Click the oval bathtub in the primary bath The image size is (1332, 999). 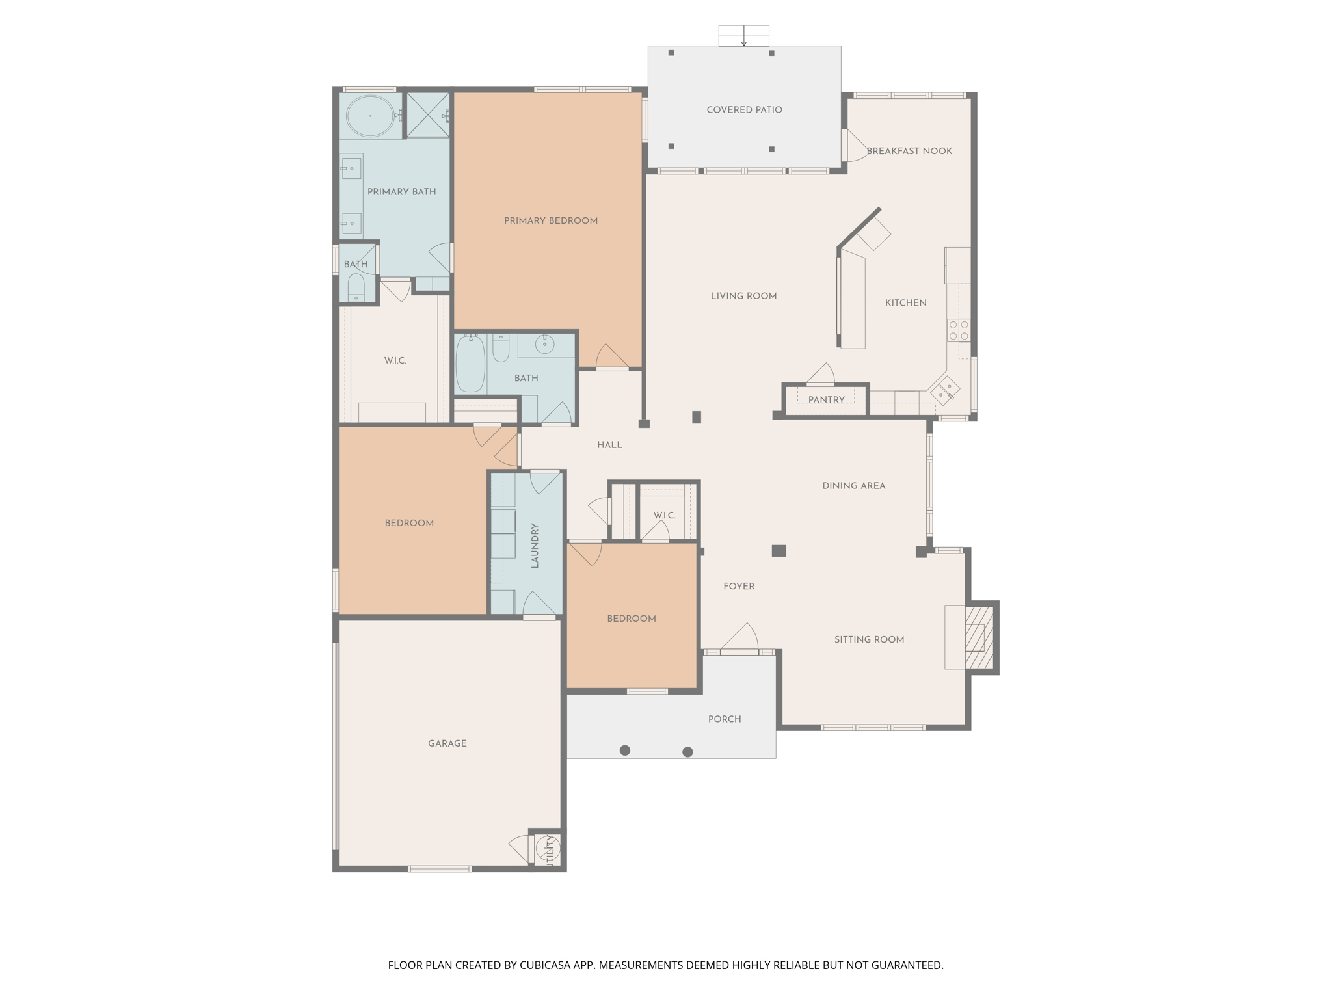[370, 116]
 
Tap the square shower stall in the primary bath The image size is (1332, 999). [428, 115]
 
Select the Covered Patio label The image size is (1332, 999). [744, 110]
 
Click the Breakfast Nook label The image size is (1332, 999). [909, 151]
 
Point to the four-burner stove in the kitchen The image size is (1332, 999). [959, 330]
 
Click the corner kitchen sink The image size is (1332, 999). [944, 392]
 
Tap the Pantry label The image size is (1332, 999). [826, 400]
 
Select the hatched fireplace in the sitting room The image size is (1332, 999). [979, 638]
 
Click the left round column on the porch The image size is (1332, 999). [625, 751]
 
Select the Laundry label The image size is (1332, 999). [535, 545]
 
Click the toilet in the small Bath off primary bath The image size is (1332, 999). [356, 286]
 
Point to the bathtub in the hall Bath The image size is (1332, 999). [470, 364]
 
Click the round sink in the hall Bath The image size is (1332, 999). [545, 344]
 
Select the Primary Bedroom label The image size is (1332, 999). [550, 220]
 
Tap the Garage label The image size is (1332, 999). [447, 743]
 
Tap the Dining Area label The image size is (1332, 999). [853, 486]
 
